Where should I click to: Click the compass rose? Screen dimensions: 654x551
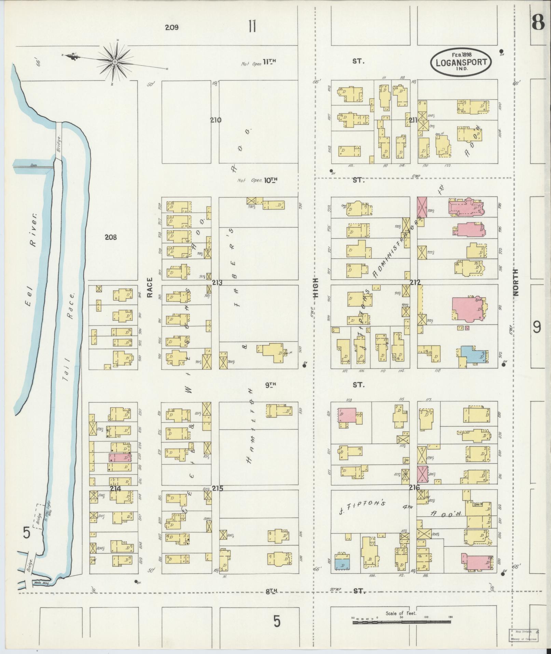[115, 62]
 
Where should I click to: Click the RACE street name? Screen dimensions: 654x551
[150, 287]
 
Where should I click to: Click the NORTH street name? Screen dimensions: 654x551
[515, 282]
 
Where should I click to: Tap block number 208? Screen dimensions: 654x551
[111, 237]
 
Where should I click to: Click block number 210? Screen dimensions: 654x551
[216, 120]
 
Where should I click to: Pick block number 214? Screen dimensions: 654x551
[115, 489]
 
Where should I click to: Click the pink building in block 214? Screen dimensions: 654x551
[120, 457]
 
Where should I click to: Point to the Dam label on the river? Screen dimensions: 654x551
[33, 165]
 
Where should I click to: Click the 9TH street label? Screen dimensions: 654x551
[270, 385]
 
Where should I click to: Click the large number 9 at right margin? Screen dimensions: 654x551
[537, 328]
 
